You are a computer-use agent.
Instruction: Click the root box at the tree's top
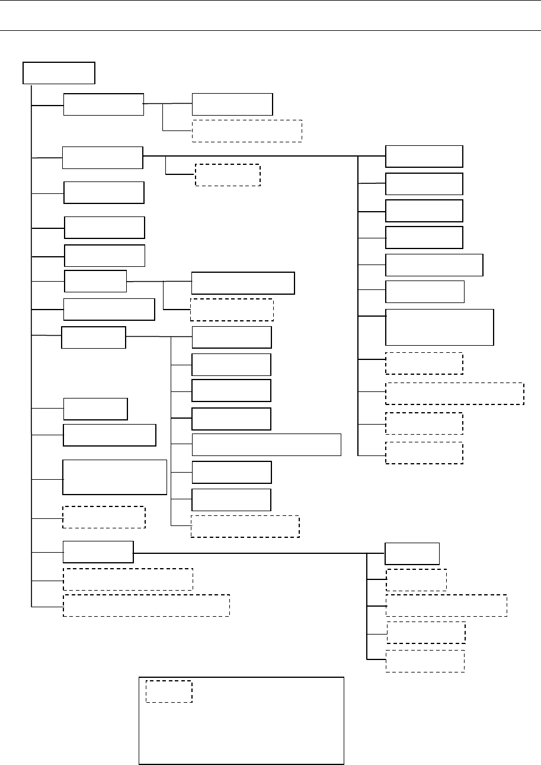pyautogui.click(x=59, y=73)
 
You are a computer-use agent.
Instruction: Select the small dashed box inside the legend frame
pyautogui.click(x=169, y=691)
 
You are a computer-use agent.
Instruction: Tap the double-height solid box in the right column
pyautogui.click(x=439, y=327)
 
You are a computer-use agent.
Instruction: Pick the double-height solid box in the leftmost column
pyautogui.click(x=114, y=477)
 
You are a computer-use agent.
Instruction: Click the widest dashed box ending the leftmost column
pyautogui.click(x=146, y=605)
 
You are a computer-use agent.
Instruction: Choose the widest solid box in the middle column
pyautogui.click(x=266, y=444)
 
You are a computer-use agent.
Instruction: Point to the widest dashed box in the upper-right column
pyautogui.click(x=454, y=394)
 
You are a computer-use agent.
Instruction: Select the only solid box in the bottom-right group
pyautogui.click(x=412, y=553)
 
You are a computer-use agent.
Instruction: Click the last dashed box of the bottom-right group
pyautogui.click(x=424, y=661)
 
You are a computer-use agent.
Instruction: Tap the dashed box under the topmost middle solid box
pyautogui.click(x=247, y=130)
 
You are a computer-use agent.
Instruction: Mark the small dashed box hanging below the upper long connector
pyautogui.click(x=228, y=175)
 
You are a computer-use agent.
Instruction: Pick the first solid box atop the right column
pyautogui.click(x=424, y=156)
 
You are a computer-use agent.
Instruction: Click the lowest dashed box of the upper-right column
pyautogui.click(x=424, y=452)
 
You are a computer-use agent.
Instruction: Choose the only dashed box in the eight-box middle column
pyautogui.click(x=245, y=527)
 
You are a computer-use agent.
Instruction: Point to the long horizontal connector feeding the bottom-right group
pyautogui.click(x=249, y=553)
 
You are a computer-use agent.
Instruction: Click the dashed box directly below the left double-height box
pyautogui.click(x=104, y=517)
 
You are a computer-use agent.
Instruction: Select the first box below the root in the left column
pyautogui.click(x=104, y=104)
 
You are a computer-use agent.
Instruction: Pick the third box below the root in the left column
pyautogui.click(x=104, y=193)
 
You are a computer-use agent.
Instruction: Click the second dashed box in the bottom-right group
pyautogui.click(x=446, y=605)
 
